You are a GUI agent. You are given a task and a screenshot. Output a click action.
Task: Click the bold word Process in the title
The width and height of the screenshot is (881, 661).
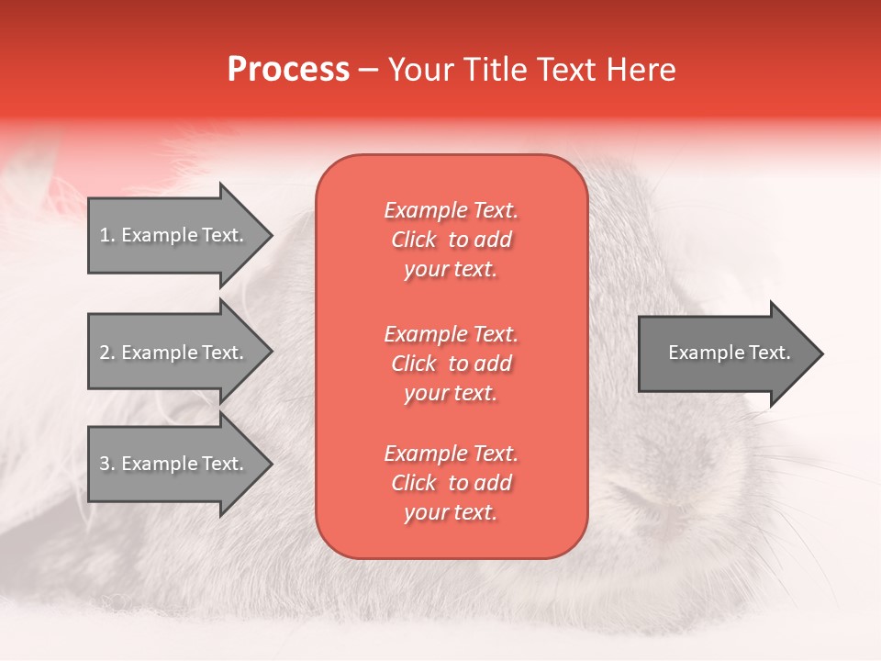tap(288, 70)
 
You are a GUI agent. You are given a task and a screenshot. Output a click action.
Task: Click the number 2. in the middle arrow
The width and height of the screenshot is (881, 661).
tap(106, 353)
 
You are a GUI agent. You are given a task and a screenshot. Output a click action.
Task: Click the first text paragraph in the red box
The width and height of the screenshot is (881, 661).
tap(451, 240)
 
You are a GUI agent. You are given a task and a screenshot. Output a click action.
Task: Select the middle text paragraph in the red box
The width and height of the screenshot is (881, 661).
tap(451, 364)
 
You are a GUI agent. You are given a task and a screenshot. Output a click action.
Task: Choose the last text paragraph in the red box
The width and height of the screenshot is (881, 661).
tap(451, 483)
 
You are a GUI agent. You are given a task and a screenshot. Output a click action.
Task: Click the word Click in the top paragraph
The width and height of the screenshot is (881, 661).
tap(414, 240)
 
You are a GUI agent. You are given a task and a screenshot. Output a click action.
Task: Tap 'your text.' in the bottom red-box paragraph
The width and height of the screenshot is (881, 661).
tap(451, 513)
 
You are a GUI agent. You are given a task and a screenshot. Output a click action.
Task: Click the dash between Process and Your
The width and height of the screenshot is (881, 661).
tap(369, 70)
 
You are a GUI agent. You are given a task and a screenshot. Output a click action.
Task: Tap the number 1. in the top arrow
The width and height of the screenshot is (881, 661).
tap(106, 235)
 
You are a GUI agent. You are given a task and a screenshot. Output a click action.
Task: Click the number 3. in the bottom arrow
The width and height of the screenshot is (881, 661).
tap(106, 464)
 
